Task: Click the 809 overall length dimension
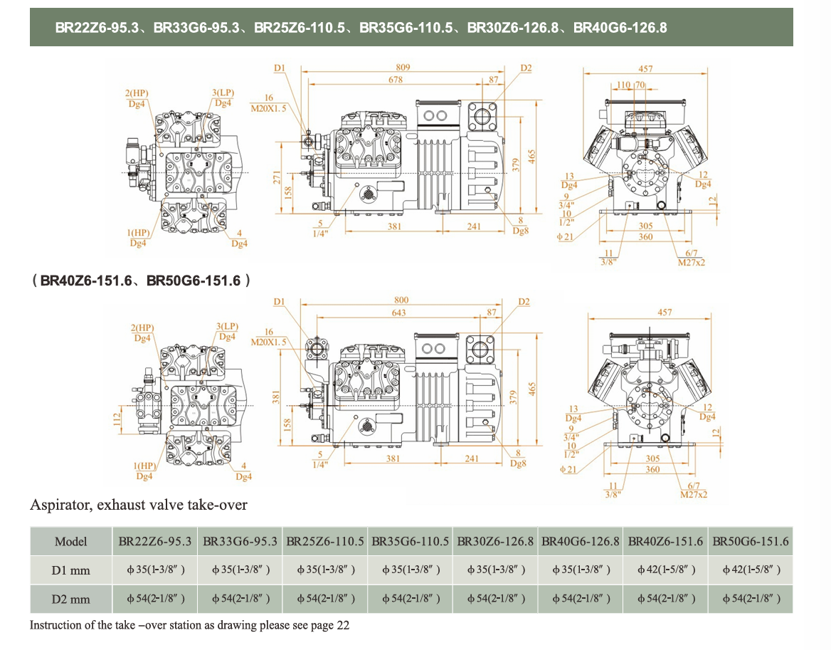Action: (403, 68)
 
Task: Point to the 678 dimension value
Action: (396, 80)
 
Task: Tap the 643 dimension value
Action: (398, 313)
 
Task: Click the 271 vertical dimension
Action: (277, 177)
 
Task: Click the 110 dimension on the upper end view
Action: (623, 85)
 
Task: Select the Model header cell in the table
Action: (71, 542)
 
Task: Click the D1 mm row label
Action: (71, 570)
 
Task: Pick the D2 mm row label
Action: (71, 599)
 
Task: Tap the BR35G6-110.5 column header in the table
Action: (411, 542)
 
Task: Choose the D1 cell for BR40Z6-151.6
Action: (665, 570)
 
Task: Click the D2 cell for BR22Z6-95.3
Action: (155, 599)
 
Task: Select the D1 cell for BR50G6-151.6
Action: (751, 570)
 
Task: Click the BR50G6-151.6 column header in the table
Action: (751, 542)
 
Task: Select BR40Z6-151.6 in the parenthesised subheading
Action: (86, 281)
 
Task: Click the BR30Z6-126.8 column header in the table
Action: (495, 542)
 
